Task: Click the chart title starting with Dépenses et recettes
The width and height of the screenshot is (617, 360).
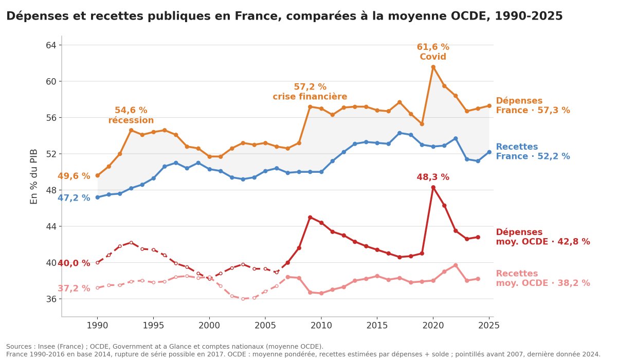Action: click(x=284, y=16)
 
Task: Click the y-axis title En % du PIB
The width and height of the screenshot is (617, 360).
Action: click(x=33, y=177)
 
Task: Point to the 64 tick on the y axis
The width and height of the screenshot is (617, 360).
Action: click(x=51, y=45)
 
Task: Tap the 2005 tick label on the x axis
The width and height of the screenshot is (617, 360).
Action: click(x=265, y=326)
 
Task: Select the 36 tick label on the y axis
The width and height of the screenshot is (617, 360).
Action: click(x=51, y=299)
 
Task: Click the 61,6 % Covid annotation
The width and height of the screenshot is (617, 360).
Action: click(x=433, y=52)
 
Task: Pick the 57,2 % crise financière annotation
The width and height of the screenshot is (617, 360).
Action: click(x=310, y=92)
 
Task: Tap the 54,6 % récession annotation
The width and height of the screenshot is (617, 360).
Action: click(x=131, y=115)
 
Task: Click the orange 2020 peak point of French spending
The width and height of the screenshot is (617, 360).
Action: click(x=433, y=67)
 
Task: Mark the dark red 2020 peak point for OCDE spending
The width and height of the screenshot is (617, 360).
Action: click(x=433, y=187)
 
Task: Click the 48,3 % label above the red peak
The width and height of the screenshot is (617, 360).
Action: click(x=433, y=177)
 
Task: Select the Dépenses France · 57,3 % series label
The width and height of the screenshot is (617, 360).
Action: click(x=533, y=105)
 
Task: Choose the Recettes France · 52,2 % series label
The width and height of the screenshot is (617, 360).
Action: click(x=533, y=152)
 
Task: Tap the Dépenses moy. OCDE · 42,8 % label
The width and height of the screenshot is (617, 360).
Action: click(x=542, y=237)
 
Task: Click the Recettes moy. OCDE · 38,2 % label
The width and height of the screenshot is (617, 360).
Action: click(x=542, y=278)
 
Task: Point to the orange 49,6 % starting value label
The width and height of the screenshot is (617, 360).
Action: click(x=74, y=176)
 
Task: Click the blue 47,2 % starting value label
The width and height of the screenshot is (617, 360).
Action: click(x=74, y=198)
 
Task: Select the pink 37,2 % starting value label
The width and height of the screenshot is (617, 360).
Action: click(x=74, y=289)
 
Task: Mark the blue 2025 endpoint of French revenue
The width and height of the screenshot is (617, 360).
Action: click(x=489, y=152)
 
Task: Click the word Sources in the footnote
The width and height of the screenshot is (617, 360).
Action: click(x=19, y=347)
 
